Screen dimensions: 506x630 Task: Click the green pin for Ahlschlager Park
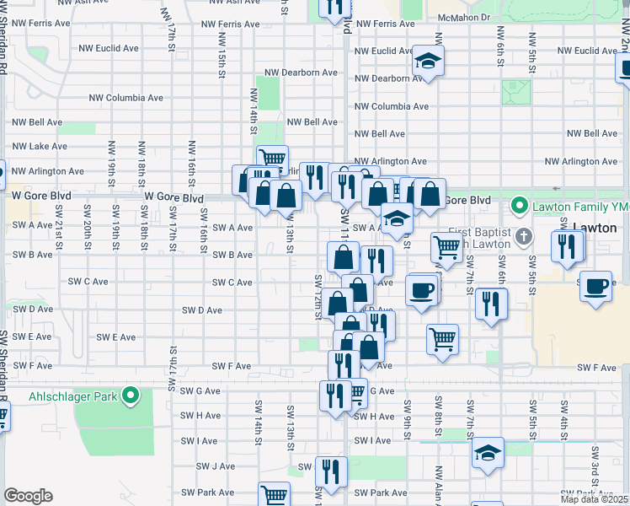pyautogui.click(x=131, y=395)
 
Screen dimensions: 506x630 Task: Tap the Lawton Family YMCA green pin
pyautogui.click(x=521, y=206)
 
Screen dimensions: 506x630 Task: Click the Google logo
pyautogui.click(x=28, y=496)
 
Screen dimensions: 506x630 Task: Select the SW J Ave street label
pyautogui.click(x=216, y=466)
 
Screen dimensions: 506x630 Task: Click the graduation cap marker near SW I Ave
pyautogui.click(x=488, y=453)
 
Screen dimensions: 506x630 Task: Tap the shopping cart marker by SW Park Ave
pyautogui.click(x=274, y=495)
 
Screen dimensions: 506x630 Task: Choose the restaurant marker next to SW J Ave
pyautogui.click(x=331, y=472)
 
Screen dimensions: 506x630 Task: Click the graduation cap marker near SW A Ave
pyautogui.click(x=397, y=218)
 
